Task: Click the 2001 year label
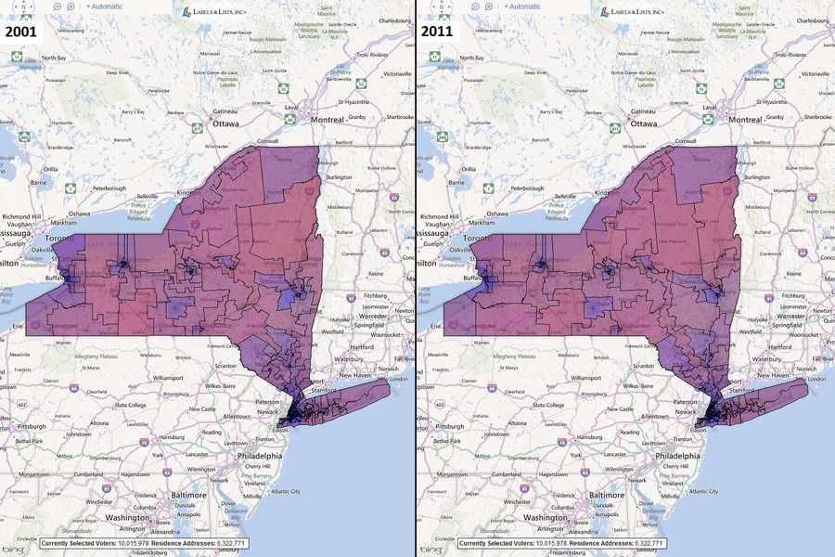[20, 31]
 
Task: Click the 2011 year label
[438, 31]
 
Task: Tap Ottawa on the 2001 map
[225, 123]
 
